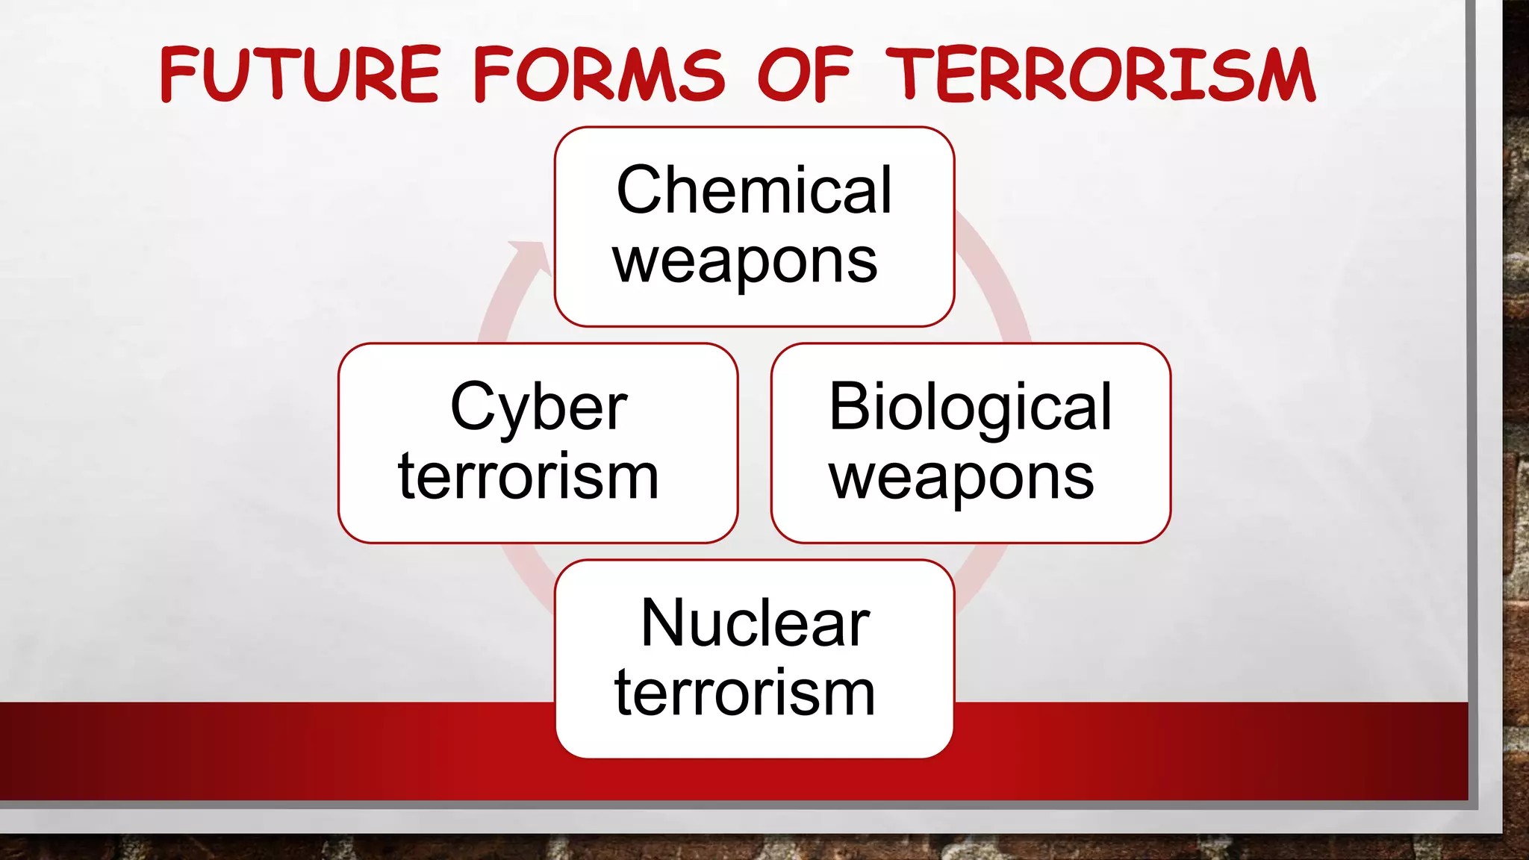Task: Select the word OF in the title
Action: pos(804,74)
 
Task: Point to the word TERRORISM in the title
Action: pos(1100,74)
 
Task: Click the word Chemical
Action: pos(754,190)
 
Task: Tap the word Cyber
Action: pos(538,407)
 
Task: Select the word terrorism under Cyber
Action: pos(529,476)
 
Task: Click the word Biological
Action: pos(971,407)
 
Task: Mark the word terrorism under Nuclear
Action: pos(744,693)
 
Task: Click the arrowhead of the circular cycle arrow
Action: pos(532,258)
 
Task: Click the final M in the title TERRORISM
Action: pos(1284,75)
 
